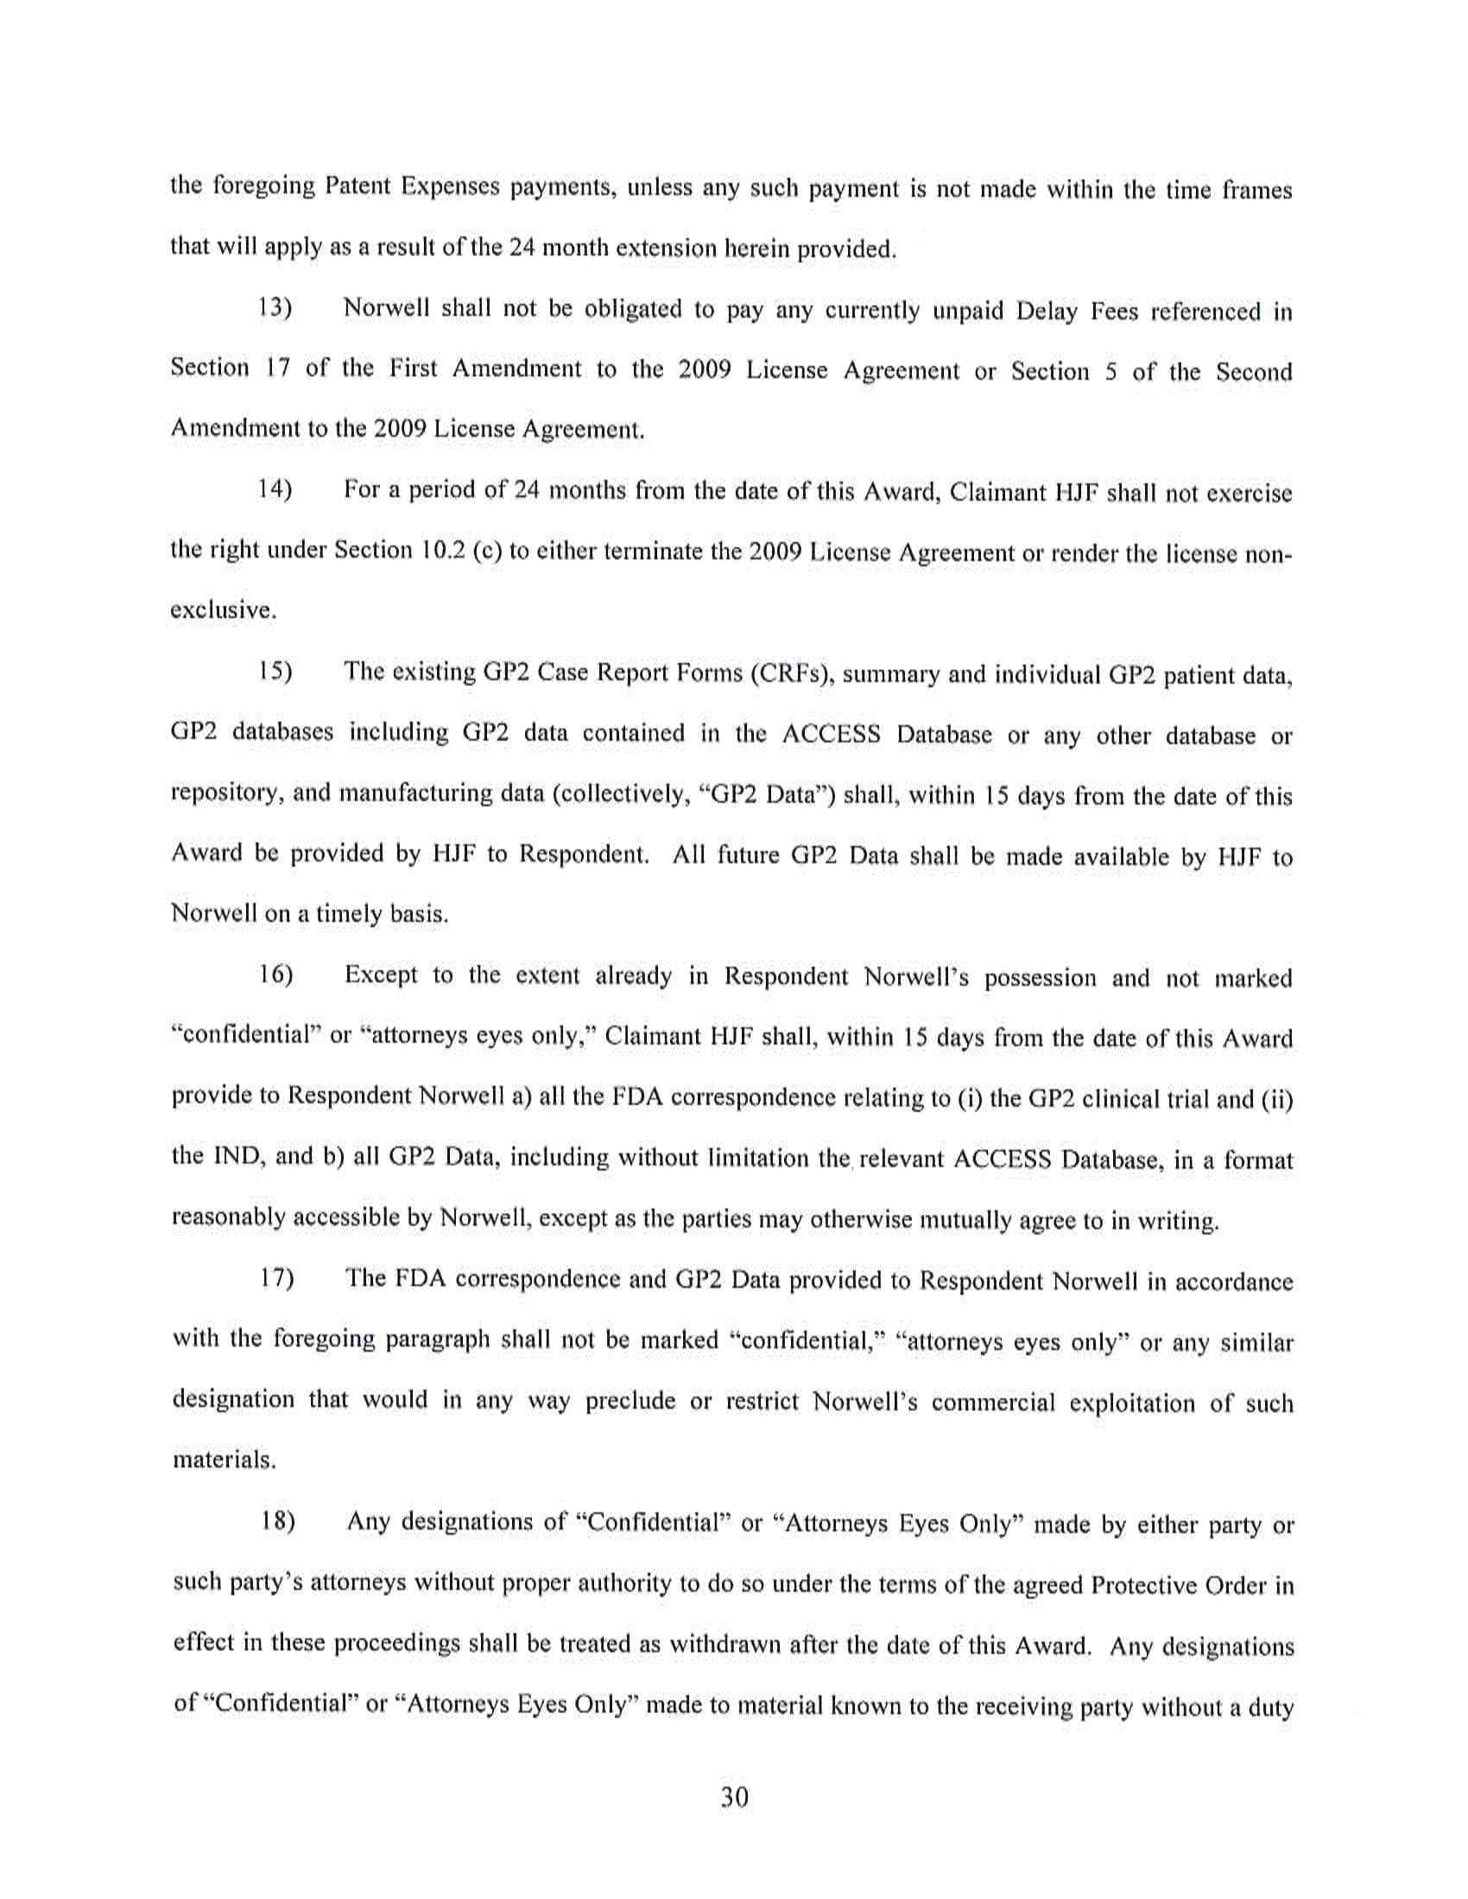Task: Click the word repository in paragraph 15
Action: [x=225, y=794]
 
